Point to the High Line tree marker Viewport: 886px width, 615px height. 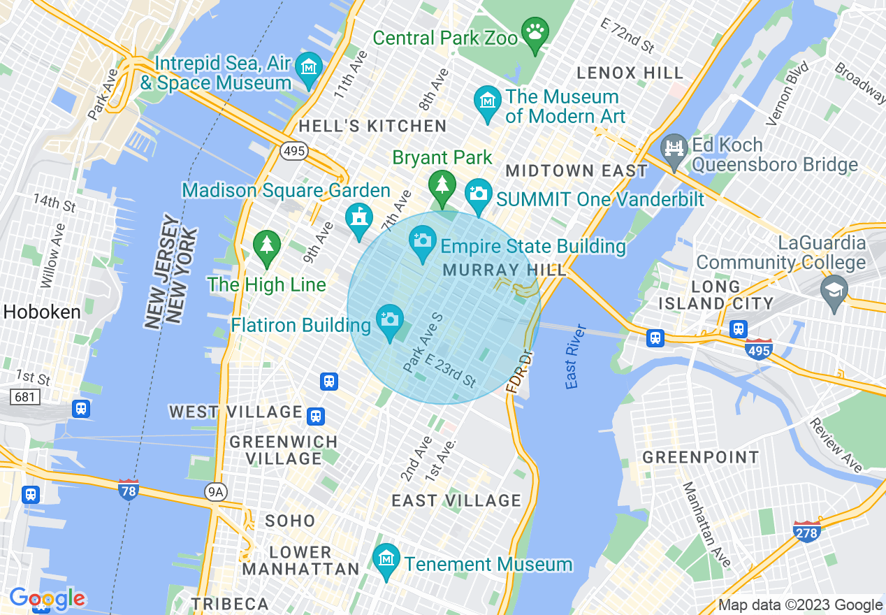pyautogui.click(x=266, y=245)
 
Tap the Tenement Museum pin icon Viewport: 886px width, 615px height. pyautogui.click(x=385, y=560)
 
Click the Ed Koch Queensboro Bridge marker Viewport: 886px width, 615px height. pyautogui.click(x=674, y=150)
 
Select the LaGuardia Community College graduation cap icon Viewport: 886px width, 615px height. pyautogui.click(x=835, y=290)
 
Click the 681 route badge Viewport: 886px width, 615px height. pyautogui.click(x=25, y=397)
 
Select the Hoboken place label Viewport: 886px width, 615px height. pyautogui.click(x=42, y=312)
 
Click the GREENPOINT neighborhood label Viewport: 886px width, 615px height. pyautogui.click(x=700, y=458)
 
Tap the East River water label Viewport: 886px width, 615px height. pyautogui.click(x=575, y=356)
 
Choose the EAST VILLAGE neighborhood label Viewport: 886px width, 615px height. pyautogui.click(x=456, y=500)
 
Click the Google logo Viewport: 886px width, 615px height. pyautogui.click(x=48, y=598)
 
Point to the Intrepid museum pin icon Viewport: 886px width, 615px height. pyautogui.click(x=308, y=68)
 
